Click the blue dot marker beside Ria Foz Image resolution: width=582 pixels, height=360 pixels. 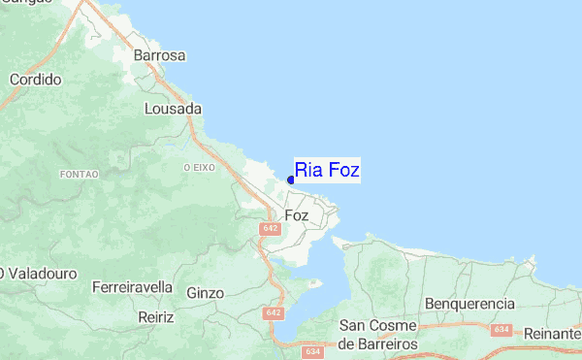(291, 180)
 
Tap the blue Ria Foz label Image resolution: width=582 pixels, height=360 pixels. (328, 171)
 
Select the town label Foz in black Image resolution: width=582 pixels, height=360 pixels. (297, 215)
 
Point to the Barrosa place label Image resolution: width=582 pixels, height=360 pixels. (160, 55)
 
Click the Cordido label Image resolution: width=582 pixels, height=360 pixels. (36, 79)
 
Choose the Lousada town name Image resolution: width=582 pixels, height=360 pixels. (173, 109)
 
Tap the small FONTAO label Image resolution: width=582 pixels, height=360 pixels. (80, 174)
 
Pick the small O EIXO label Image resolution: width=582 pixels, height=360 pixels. (198, 167)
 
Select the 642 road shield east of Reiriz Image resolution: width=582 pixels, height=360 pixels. (274, 313)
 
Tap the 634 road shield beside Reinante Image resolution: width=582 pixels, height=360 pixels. (501, 330)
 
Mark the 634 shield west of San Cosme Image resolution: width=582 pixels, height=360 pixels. (311, 351)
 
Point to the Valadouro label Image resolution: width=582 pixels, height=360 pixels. (41, 275)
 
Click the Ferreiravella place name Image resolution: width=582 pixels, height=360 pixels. (132, 287)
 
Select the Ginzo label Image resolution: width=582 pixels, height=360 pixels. (205, 292)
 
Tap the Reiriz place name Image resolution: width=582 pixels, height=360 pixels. (155, 316)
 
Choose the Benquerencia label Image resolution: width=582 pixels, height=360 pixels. (470, 304)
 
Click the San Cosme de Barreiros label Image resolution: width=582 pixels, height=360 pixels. (377, 335)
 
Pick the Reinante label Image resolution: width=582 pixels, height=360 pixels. (551, 333)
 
